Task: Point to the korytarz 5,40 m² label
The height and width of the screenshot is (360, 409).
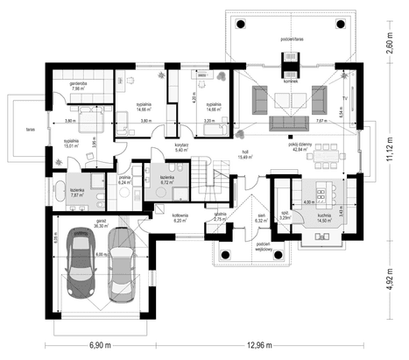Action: [182, 147]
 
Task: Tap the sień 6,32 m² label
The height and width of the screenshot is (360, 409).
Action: [261, 219]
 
